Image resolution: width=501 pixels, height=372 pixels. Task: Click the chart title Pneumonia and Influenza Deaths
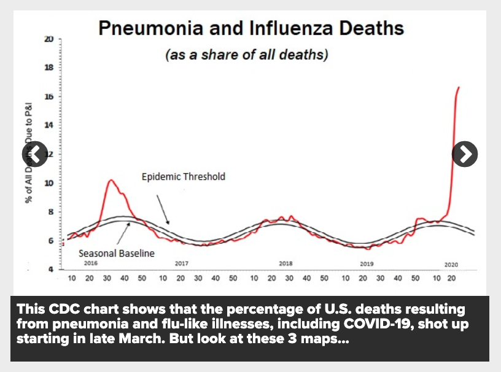coord(251,28)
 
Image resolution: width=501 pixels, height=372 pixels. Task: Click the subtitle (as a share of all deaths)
coord(247,55)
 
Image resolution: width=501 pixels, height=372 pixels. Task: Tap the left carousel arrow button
coord(35,154)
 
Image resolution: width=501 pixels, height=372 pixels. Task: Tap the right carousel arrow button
coord(465,154)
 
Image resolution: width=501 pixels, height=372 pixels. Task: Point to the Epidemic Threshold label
coord(184,177)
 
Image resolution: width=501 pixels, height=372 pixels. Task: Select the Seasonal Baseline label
coord(116,252)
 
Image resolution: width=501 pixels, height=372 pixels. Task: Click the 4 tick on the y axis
coord(50,269)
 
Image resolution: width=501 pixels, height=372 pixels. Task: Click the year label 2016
coord(91,263)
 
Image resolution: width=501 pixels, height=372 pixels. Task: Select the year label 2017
coord(181,263)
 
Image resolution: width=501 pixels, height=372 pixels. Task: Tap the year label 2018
coord(285,263)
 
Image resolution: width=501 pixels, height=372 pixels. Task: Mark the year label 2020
coord(451,264)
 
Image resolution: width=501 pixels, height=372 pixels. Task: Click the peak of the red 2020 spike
coord(458,88)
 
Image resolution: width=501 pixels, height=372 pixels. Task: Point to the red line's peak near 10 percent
coord(111,180)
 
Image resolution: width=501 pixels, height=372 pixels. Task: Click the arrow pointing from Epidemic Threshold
coord(162,209)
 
